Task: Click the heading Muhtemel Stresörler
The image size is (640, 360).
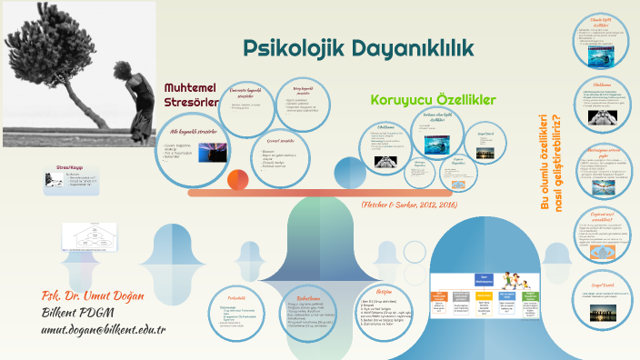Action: (190, 95)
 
